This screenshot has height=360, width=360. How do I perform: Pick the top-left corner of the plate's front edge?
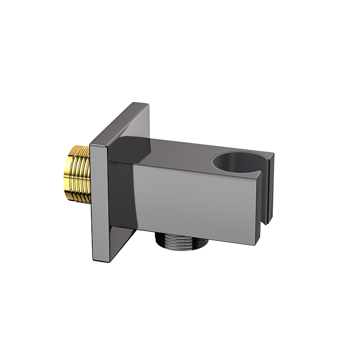[91, 145]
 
